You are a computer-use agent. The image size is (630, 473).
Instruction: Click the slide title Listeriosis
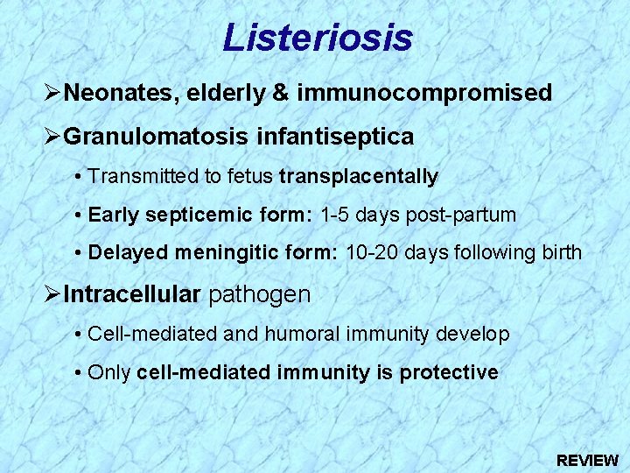[317, 38]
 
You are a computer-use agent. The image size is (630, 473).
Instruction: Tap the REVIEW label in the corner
[587, 460]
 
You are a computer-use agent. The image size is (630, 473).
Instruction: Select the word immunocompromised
[424, 93]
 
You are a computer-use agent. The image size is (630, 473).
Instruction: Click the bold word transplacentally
[358, 177]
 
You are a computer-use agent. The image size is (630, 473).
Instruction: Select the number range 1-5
[338, 215]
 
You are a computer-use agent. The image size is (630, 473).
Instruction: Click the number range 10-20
[370, 253]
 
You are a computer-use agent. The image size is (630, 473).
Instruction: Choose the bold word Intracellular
[132, 294]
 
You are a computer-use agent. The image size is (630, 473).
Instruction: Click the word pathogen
[259, 294]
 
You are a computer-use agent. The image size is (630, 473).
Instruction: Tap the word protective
[449, 372]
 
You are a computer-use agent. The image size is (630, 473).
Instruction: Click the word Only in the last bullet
[109, 372]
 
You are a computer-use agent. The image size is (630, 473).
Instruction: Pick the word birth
[562, 253]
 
